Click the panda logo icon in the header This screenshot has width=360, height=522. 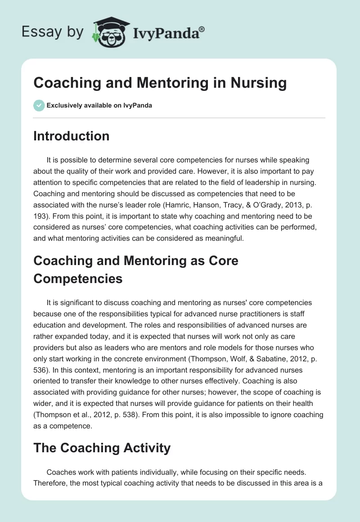click(108, 32)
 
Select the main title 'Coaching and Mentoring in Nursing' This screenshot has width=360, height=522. click(160, 83)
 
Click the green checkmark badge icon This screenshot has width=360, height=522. click(39, 105)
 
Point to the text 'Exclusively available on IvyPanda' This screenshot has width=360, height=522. click(99, 106)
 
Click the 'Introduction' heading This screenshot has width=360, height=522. click(71, 136)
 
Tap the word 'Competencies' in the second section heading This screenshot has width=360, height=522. click(78, 278)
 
